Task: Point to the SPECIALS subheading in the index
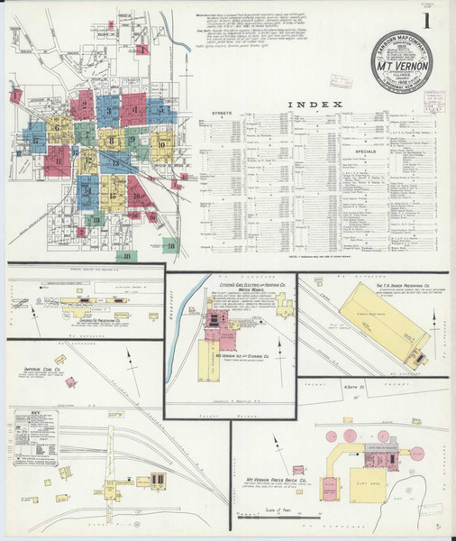[x=362, y=152]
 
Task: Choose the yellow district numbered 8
[x=112, y=140]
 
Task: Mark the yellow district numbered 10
[x=160, y=142]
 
